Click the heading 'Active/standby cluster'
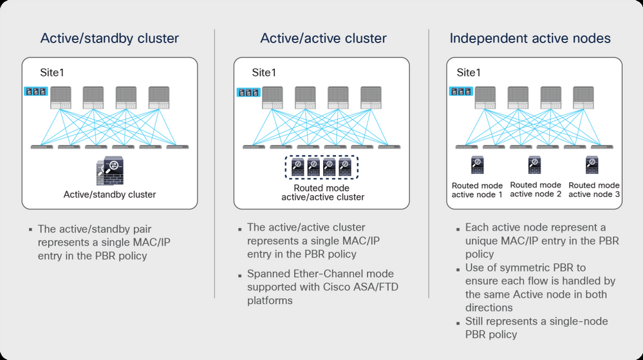(x=109, y=39)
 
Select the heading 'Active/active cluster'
(x=323, y=39)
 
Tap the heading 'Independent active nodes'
(x=530, y=39)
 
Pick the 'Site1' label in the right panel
(x=469, y=72)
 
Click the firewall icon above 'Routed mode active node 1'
(x=477, y=166)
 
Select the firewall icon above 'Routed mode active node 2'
(x=535, y=166)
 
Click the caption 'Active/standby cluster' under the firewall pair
(x=109, y=194)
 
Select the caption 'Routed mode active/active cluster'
(x=322, y=192)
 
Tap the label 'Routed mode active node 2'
(x=536, y=189)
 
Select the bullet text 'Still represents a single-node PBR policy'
(x=536, y=327)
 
